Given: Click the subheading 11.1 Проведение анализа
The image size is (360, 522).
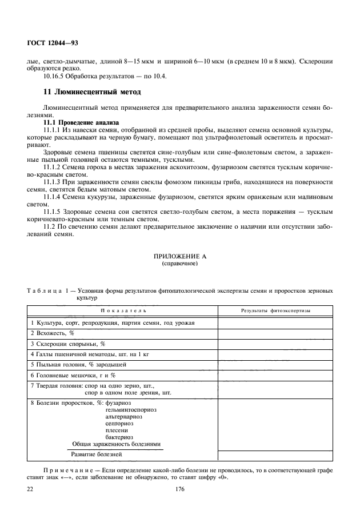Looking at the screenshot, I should pyautogui.click(x=81, y=122).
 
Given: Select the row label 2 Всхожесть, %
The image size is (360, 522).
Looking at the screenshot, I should pyautogui.click(x=53, y=332).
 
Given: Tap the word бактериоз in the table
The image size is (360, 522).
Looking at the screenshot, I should pyautogui.click(x=119, y=436).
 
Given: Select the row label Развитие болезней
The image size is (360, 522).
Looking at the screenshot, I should pyautogui.click(x=97, y=455).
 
